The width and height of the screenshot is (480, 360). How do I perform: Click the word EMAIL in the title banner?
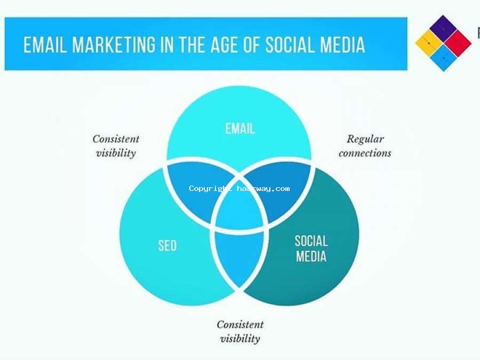click(x=45, y=45)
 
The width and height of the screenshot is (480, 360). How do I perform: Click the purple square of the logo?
click(x=443, y=29)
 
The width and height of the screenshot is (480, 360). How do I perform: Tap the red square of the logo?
click(x=458, y=43)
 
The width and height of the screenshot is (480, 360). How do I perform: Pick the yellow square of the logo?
click(x=429, y=43)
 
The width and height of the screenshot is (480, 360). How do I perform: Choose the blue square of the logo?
click(x=443, y=58)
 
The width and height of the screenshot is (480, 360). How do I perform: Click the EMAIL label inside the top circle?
click(x=240, y=129)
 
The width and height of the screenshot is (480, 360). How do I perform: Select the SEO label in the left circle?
click(x=167, y=245)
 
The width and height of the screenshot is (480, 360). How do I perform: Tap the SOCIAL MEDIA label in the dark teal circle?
click(x=311, y=249)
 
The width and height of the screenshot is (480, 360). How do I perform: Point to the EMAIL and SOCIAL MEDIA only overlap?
click(x=280, y=190)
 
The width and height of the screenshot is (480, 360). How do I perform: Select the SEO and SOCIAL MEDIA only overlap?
click(x=239, y=257)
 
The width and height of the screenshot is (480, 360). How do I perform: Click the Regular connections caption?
click(x=365, y=146)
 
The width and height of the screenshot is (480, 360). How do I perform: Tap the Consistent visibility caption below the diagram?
click(x=241, y=332)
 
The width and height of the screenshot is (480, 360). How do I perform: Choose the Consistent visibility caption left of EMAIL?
click(x=116, y=146)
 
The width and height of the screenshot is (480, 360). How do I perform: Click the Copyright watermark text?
click(x=239, y=189)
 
